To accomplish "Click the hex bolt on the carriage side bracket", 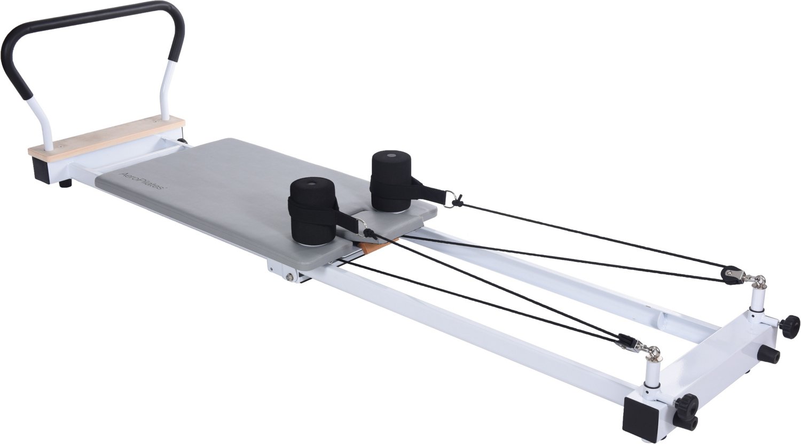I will pyautogui.click(x=290, y=276).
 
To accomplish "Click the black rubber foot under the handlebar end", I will pyautogui.click(x=66, y=184).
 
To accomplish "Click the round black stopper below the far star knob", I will pyautogui.click(x=769, y=354).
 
